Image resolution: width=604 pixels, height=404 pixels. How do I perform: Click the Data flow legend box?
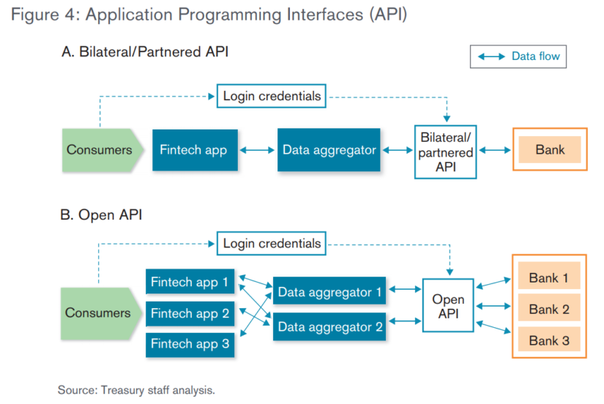click(519, 56)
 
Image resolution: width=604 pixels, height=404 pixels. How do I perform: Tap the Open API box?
click(448, 306)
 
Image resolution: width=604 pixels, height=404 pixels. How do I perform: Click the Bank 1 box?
click(548, 277)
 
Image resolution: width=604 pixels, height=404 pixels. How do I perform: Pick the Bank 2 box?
click(548, 309)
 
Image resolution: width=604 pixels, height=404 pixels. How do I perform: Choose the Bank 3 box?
click(548, 340)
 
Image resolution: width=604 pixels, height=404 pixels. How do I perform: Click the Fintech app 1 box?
click(189, 282)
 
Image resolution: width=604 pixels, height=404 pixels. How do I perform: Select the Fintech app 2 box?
click(189, 313)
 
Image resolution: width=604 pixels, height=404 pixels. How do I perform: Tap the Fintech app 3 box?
click(189, 344)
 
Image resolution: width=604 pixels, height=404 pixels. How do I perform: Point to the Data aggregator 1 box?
click(329, 293)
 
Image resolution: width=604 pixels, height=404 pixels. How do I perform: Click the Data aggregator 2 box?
click(329, 327)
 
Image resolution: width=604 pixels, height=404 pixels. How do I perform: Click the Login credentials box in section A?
click(272, 96)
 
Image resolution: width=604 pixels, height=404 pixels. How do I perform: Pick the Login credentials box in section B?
click(272, 243)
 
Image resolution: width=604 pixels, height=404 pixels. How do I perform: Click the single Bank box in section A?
click(550, 150)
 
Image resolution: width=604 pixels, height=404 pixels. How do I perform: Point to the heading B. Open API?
click(102, 214)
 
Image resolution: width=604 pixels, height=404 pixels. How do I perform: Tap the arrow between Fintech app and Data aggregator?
click(256, 150)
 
